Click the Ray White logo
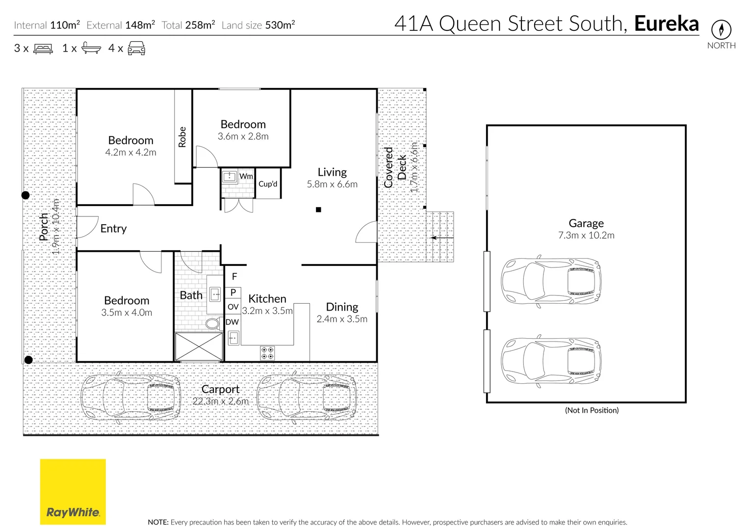tap(73, 492)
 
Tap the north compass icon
tap(721, 30)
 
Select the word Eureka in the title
tap(666, 24)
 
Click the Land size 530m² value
tap(280, 25)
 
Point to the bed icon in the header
tap(43, 49)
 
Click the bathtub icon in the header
tap(91, 48)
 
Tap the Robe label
tap(182, 137)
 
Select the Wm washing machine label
tap(246, 176)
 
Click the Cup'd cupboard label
tap(268, 184)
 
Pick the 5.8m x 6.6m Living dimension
tap(332, 185)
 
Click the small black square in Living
tap(318, 210)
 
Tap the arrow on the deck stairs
tap(441, 238)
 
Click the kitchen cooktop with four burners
tap(267, 353)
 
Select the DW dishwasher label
tap(232, 322)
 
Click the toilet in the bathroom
tap(212, 323)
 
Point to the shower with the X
tap(199, 347)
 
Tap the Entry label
tap(113, 229)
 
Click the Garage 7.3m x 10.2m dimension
tap(586, 236)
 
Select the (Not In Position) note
tap(592, 410)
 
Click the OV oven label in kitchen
tap(233, 307)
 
